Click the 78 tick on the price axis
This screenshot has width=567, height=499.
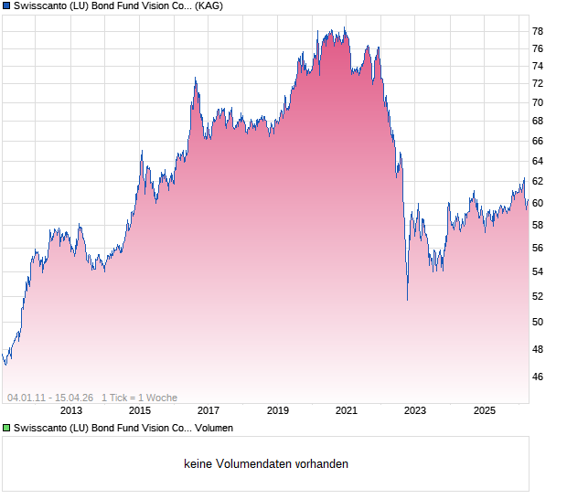[x=538, y=30]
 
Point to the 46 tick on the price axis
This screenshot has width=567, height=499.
[x=538, y=377]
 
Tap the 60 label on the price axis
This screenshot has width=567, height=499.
[x=538, y=203]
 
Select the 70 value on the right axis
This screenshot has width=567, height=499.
[x=538, y=102]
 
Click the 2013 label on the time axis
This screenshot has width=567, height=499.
[x=70, y=411]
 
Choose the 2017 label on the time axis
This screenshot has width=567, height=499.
[x=209, y=411]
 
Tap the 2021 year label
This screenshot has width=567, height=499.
[x=347, y=411]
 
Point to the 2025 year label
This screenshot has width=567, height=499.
[x=485, y=411]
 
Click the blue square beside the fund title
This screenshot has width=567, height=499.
[x=6, y=6]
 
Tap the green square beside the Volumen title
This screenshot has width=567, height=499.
[x=6, y=427]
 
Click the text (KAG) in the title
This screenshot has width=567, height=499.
[x=209, y=6]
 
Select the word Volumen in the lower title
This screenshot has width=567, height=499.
[x=213, y=427]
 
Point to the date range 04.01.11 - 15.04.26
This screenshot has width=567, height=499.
[x=50, y=398]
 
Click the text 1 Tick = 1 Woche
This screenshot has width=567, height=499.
[x=139, y=398]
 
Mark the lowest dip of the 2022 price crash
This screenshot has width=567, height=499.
[x=407, y=299]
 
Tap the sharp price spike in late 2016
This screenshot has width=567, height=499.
[x=195, y=80]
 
